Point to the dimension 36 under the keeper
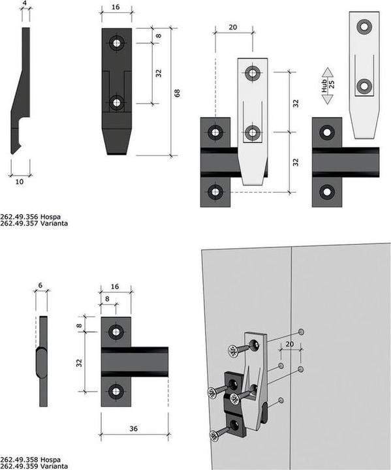133,428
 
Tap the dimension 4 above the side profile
25,4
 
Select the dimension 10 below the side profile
19,182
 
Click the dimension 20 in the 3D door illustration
290,343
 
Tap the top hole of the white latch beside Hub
364,27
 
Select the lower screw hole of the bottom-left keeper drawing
116,392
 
